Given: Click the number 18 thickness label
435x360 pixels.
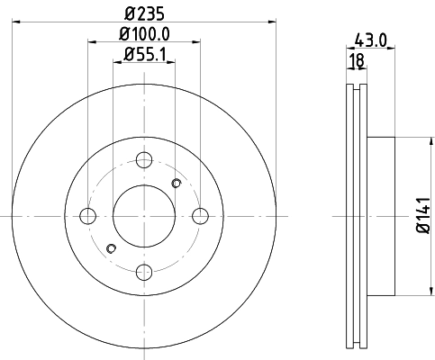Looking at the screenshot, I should [355, 61].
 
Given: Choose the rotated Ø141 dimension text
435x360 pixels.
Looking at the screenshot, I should [421, 216].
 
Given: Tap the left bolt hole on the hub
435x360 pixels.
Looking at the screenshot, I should [88, 216].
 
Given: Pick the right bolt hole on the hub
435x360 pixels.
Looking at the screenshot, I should [200, 216].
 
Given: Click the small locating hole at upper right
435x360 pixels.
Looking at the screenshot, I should [177, 184].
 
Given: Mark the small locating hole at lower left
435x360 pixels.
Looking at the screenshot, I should [111, 248].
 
